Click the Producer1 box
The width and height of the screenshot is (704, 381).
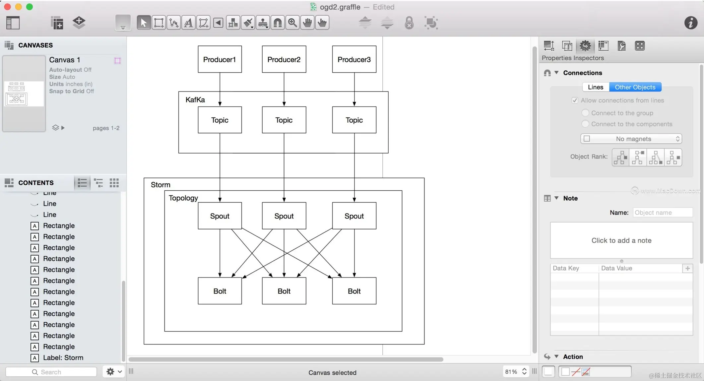[220, 59]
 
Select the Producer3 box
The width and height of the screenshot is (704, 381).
[354, 59]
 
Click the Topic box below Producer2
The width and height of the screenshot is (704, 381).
[284, 120]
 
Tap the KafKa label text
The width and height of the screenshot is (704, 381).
[195, 100]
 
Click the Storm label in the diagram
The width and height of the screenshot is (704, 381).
[160, 185]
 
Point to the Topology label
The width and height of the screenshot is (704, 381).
[183, 198]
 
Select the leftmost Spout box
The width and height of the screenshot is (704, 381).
[220, 216]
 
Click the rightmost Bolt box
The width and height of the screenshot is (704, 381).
[354, 291]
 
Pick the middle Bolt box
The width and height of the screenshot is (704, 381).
[284, 291]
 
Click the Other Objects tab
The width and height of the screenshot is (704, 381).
[635, 87]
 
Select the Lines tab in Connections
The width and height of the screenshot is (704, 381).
[595, 87]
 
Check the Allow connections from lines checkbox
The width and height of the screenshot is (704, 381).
[575, 100]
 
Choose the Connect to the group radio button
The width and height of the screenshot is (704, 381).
[585, 113]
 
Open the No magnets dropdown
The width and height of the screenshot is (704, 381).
[631, 139]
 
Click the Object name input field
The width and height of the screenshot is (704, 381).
[662, 213]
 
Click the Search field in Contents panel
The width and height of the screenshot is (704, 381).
[51, 372]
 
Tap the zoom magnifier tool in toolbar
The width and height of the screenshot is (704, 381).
[292, 23]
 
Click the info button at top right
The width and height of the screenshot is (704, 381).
[690, 23]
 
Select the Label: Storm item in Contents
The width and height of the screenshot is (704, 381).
[63, 357]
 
